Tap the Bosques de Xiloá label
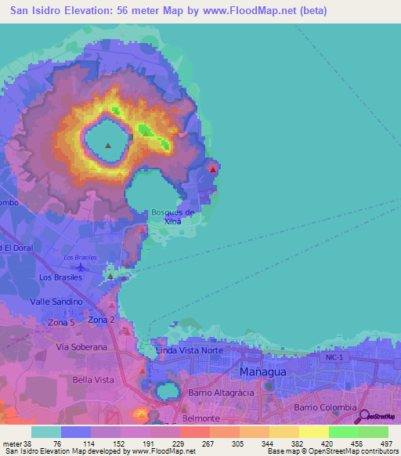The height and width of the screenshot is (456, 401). tap(173, 216)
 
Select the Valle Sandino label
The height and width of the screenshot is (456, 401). tap(56, 301)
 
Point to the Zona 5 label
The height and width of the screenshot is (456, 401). tap(62, 323)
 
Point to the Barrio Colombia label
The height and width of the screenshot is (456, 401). tap(325, 407)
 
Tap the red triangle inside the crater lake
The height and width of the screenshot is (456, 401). tap(107, 145)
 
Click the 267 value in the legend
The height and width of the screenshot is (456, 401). tap(208, 444)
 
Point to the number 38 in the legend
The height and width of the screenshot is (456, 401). tap(29, 444)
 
